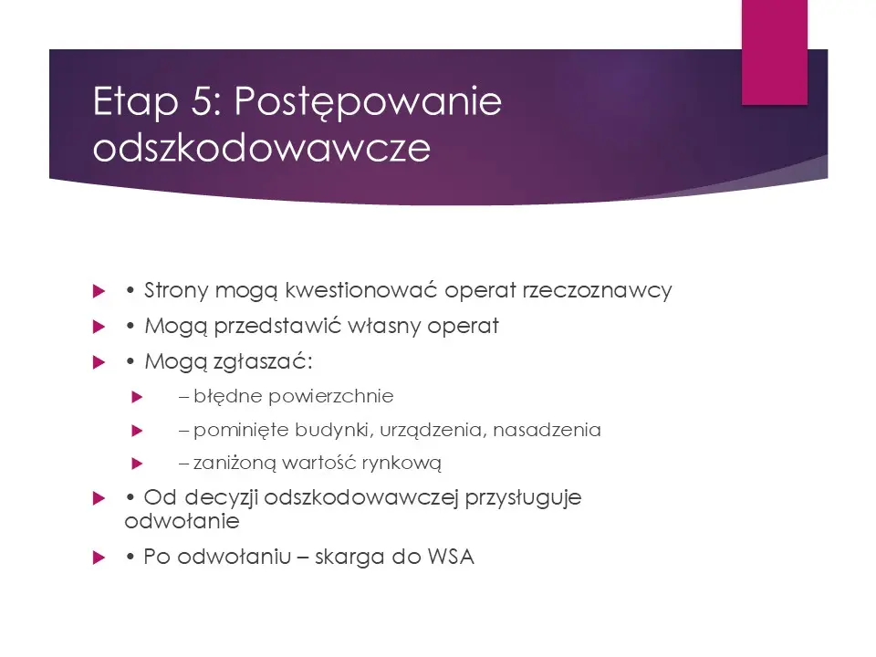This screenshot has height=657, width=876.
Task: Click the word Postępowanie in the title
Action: (368, 103)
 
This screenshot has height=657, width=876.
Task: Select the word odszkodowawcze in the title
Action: (261, 149)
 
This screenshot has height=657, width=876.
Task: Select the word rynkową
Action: (404, 464)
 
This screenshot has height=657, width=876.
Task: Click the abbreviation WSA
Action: (451, 558)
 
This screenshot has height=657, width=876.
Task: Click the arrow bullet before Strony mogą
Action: (99, 292)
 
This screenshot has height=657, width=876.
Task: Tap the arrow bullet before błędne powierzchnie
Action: (138, 397)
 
